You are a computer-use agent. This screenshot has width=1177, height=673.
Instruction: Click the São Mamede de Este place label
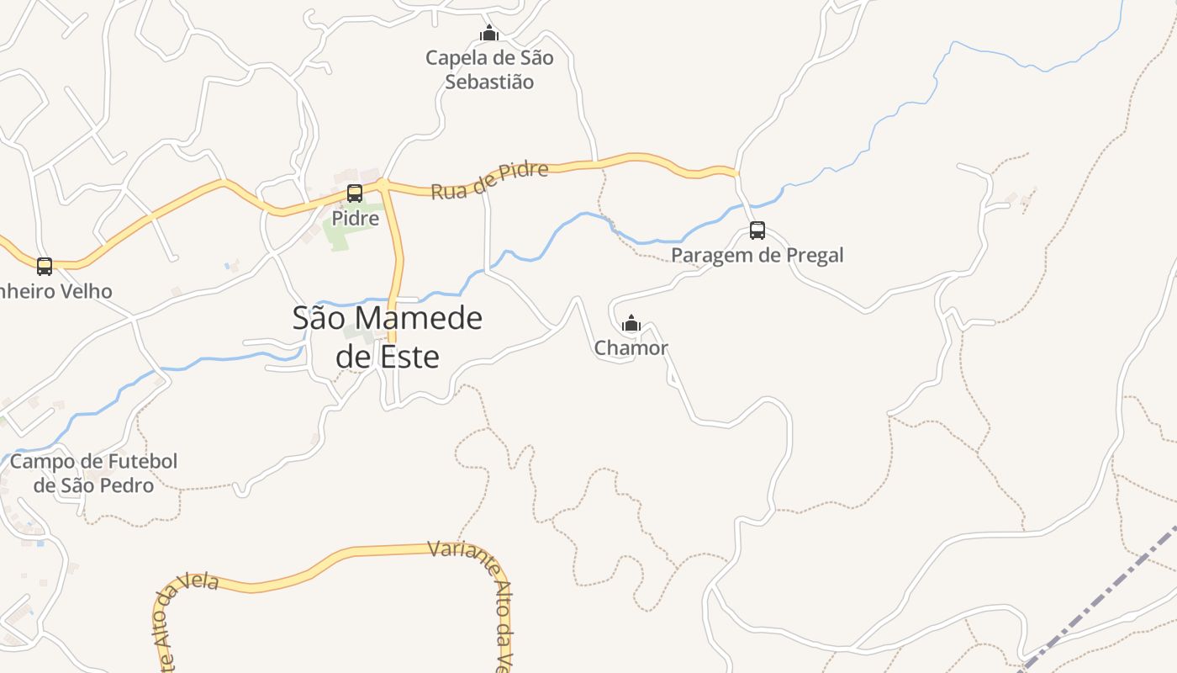click(x=388, y=337)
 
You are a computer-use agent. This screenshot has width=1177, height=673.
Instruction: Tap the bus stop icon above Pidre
click(x=355, y=193)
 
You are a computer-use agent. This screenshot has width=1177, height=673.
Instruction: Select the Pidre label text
click(x=355, y=219)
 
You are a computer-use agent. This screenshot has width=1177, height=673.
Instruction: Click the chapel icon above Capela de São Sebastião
click(x=488, y=34)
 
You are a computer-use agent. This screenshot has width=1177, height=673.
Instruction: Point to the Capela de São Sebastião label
click(x=489, y=70)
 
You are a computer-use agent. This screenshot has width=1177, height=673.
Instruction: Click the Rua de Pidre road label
click(x=489, y=180)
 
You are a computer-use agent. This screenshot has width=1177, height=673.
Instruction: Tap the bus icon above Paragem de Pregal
click(x=757, y=231)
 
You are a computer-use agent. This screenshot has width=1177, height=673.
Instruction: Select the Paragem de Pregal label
click(x=757, y=255)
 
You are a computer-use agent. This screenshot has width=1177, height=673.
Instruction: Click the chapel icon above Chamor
click(x=631, y=323)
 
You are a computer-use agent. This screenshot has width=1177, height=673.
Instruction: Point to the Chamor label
click(x=631, y=347)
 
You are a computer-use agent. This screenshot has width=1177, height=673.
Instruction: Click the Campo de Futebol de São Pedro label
click(x=94, y=474)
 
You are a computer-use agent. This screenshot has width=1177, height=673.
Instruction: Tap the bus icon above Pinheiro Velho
click(x=45, y=267)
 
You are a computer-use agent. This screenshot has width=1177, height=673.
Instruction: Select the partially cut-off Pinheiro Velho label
click(x=55, y=291)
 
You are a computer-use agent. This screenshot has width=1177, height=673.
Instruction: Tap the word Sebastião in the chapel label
click(x=489, y=82)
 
